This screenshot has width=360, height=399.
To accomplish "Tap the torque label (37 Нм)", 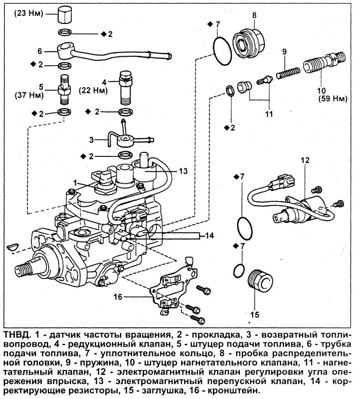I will pyautogui.click(x=26, y=95).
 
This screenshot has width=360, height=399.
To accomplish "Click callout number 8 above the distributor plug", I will pyautogui.click(x=254, y=15).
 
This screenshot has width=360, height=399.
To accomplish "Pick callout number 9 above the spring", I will pyautogui.click(x=284, y=51).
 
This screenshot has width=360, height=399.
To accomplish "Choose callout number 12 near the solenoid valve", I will pyautogui.click(x=305, y=160).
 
